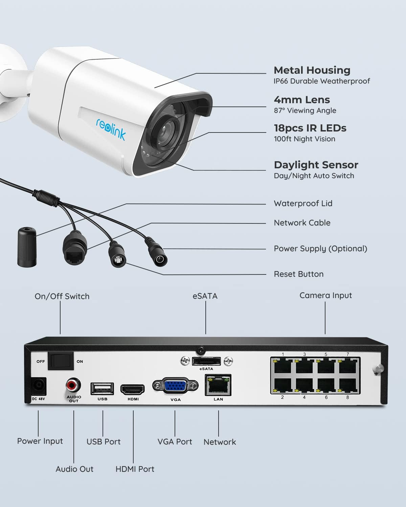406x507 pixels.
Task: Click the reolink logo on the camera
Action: pos(111,129)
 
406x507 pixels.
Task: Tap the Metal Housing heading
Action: pos(312,70)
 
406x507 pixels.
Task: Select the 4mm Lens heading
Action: pos(302,100)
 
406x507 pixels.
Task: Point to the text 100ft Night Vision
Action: pos(304,139)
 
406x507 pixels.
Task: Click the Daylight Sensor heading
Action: pos(316,165)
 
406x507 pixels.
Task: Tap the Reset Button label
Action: pos(299,274)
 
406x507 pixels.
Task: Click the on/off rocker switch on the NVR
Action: pos(61,361)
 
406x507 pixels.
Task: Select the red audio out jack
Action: pos(73,385)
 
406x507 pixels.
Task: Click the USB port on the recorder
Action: pos(102,388)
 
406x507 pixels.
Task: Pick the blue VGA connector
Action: pos(175,386)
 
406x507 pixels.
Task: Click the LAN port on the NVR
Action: pos(218,385)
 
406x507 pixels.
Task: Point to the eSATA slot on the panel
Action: pos(206,361)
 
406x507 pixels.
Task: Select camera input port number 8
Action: pos(348,385)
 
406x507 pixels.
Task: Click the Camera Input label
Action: pos(325,295)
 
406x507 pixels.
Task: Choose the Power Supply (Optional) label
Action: pos(320,249)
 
